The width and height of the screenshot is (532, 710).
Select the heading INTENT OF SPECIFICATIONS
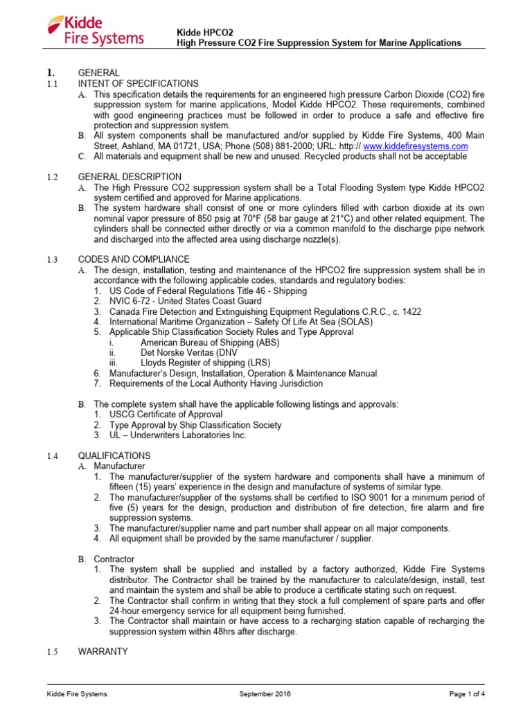pyautogui.click(x=138, y=83)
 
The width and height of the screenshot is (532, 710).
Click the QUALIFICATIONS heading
pyautogui.click(x=114, y=456)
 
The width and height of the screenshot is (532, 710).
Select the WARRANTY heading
pyautogui.click(x=103, y=652)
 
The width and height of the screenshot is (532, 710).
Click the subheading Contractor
pyautogui.click(x=114, y=558)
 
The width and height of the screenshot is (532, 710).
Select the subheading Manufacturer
pyautogui.click(x=120, y=466)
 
